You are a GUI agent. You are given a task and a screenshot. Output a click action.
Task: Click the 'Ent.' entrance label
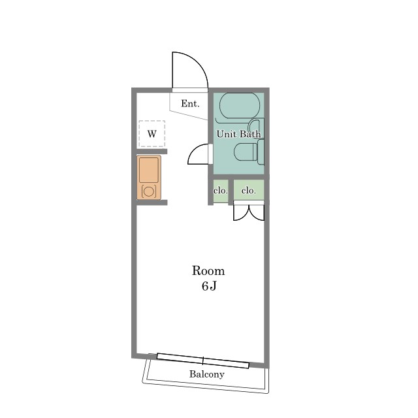[x=190, y=103]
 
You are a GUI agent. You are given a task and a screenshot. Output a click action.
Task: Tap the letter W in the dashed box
[x=152, y=133]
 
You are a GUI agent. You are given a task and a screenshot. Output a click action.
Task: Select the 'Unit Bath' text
[x=238, y=134]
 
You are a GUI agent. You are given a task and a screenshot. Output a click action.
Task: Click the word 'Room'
[x=208, y=271]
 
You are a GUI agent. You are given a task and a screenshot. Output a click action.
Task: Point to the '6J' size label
[x=209, y=286]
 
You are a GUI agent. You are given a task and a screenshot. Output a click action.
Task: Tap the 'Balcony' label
[x=206, y=374]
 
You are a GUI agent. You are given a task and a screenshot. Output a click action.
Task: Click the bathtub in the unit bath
[x=240, y=106]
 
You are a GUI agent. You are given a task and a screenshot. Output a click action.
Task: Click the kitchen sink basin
[x=149, y=170]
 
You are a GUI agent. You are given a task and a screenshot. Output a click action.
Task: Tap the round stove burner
[x=148, y=191]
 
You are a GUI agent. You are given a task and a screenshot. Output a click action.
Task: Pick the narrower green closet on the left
[x=221, y=191]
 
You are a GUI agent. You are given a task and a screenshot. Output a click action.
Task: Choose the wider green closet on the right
[x=249, y=190]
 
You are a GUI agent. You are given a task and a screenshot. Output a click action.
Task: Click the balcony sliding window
[x=203, y=361]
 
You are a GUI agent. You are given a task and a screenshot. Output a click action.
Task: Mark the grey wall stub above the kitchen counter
[x=152, y=152]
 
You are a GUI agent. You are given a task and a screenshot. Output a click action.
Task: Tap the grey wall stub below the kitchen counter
[x=152, y=202]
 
